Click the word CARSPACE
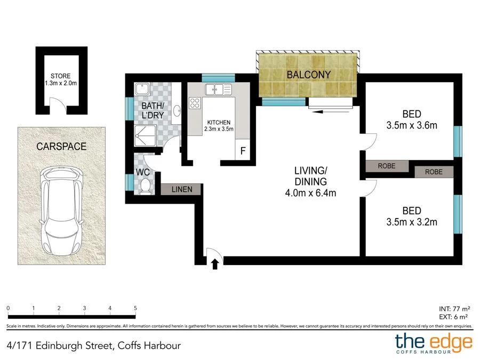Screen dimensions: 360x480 [x=61, y=146]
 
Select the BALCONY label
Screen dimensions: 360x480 [x=308, y=75]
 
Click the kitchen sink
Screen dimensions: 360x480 [x=216, y=89]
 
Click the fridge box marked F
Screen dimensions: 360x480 [x=243, y=151]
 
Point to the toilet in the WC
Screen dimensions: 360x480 [x=145, y=185]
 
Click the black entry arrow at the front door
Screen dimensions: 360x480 [x=215, y=264]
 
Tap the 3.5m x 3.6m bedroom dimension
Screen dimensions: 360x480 [x=411, y=126]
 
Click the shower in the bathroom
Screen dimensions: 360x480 [x=145, y=138]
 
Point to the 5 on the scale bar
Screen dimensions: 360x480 [x=135, y=308]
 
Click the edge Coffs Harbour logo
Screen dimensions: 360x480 [x=433, y=343]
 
